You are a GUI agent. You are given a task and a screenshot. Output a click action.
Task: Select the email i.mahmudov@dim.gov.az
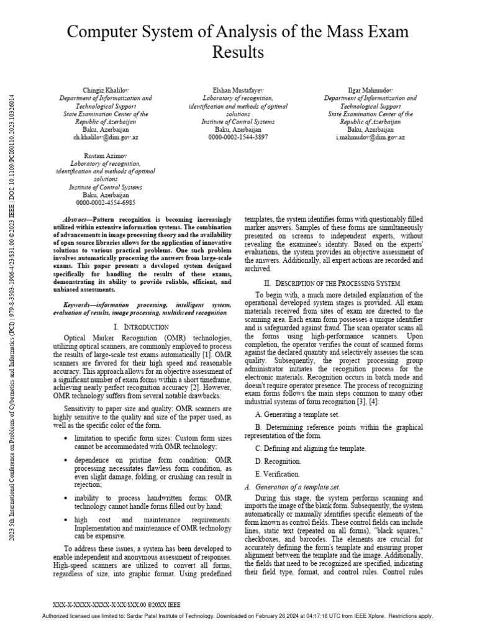371,137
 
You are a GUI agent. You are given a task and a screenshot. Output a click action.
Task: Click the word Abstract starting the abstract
76,220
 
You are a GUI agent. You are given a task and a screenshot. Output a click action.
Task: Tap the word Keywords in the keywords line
79,306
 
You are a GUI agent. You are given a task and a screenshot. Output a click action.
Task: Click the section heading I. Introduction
141,326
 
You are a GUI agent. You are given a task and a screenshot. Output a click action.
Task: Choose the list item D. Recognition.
278,461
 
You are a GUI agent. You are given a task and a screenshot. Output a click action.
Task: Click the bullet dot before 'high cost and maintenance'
66,519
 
